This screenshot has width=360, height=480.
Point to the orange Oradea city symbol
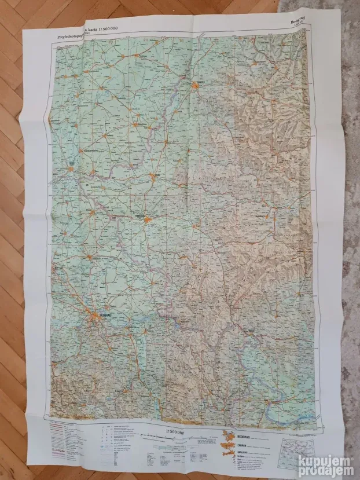[197, 86]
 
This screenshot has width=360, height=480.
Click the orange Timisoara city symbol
[148, 220]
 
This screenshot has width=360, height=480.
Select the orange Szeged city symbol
[71, 170]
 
